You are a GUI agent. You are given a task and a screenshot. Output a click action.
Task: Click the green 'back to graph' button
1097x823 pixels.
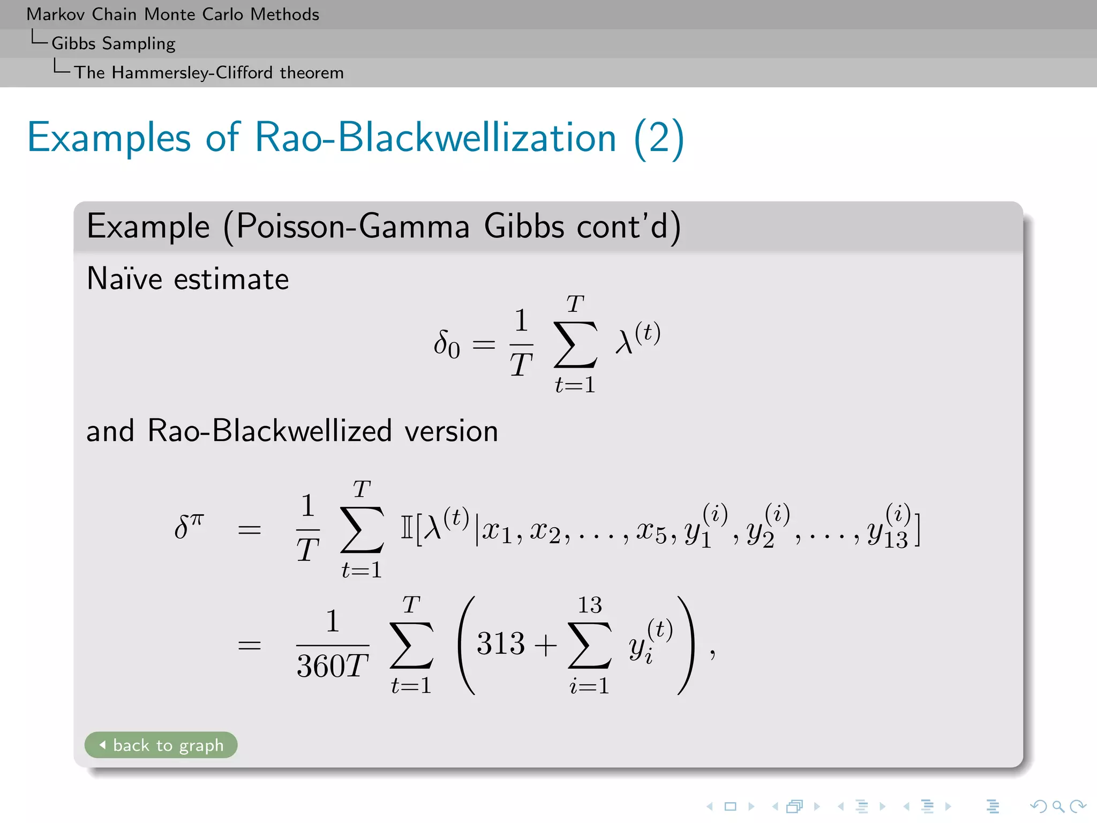161,745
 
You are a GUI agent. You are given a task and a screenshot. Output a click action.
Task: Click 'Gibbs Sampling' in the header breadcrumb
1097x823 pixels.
113,43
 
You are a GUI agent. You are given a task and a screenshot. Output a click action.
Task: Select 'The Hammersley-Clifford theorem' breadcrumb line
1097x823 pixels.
208,72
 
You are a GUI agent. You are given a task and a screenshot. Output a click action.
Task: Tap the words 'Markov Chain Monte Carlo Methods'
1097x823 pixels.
172,14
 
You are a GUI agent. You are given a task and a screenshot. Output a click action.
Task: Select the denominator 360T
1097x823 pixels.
332,666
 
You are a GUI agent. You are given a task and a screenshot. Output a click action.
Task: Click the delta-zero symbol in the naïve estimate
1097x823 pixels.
446,344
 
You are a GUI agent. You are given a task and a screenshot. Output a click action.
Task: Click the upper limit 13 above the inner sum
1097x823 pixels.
590,605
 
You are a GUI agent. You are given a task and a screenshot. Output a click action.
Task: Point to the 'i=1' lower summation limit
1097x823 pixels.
589,686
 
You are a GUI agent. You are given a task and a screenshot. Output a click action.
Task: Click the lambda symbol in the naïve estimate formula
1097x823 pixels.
625,342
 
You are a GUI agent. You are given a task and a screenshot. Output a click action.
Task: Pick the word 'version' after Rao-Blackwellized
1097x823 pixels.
451,431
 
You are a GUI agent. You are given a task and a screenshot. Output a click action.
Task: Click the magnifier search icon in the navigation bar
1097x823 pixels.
1057,806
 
